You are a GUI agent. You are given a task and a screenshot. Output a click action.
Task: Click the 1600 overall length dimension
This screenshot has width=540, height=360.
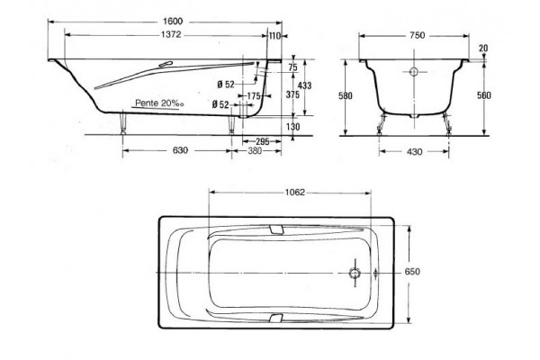[173, 22]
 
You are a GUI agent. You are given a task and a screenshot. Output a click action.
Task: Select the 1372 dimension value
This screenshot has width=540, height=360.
[171, 35]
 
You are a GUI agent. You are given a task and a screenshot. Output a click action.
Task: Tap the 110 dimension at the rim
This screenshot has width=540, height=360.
[274, 36]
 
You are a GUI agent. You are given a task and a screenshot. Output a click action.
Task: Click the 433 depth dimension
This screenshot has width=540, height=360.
[304, 85]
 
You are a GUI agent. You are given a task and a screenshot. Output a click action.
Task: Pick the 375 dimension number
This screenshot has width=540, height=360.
[292, 94]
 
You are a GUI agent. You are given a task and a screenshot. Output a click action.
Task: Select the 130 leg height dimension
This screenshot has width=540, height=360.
[292, 127]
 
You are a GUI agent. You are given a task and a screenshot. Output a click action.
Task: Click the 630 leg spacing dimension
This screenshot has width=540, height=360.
[180, 150]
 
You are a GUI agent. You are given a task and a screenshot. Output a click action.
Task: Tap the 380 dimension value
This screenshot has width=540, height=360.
[255, 150]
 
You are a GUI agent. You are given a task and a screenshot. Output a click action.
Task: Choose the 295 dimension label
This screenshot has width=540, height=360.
[263, 141]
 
